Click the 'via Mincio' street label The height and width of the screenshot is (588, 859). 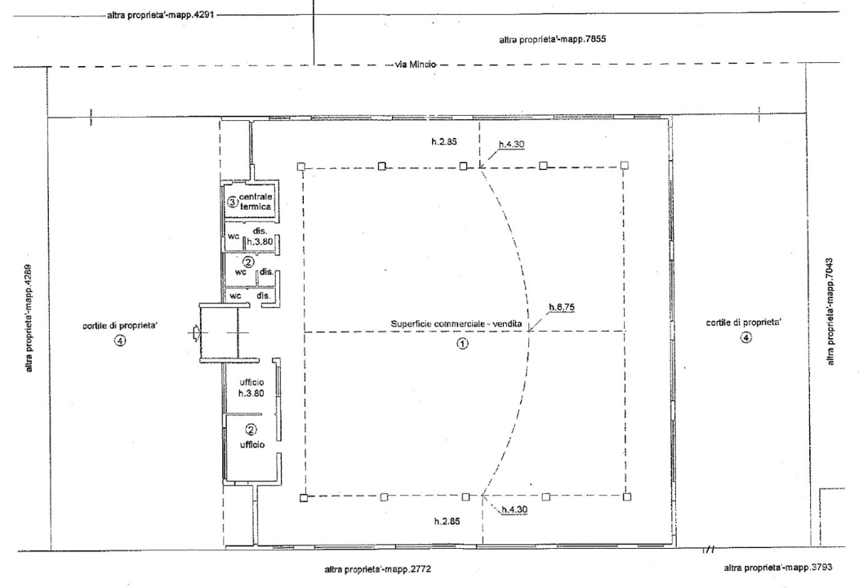(416, 65)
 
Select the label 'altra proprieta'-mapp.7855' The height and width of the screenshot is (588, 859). (553, 39)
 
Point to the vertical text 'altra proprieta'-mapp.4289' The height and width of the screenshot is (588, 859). (29, 318)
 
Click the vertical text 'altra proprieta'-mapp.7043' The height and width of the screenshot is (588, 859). (830, 312)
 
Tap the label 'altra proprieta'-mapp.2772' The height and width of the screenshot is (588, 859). (378, 569)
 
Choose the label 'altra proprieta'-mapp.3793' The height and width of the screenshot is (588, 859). (778, 568)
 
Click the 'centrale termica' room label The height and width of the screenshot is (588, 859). (256, 202)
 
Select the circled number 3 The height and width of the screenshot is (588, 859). (232, 203)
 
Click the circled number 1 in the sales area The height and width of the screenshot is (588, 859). (463, 344)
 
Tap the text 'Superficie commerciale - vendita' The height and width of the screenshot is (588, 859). (456, 324)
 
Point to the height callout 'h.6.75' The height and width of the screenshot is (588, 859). (562, 307)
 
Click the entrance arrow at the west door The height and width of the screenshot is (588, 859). (194, 332)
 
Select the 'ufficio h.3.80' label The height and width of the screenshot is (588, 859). (251, 388)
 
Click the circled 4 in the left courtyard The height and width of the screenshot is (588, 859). (120, 341)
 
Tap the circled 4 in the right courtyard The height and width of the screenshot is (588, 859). (746, 337)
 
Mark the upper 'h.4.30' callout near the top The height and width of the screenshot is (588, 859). (512, 145)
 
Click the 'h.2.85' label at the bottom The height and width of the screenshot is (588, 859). (447, 521)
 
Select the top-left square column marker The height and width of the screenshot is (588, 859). (300, 167)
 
